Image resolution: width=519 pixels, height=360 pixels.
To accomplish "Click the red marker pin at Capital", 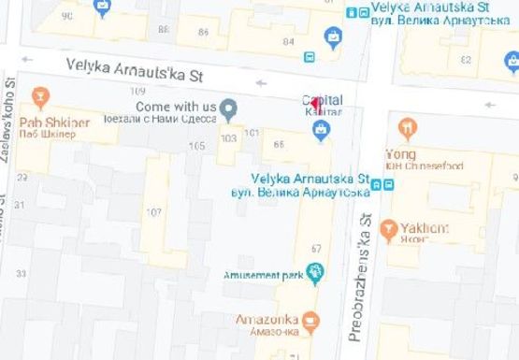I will [x=316, y=104].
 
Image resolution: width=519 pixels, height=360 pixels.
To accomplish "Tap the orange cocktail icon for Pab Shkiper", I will [x=40, y=97].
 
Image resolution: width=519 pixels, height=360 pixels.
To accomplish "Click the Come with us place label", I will [x=176, y=107].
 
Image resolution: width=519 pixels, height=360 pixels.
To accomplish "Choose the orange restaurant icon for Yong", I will [x=407, y=128].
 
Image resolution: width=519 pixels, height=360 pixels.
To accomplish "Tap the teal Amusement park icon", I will [x=316, y=274].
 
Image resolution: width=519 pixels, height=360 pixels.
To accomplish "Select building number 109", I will [x=138, y=91].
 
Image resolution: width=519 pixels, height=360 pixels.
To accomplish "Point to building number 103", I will [x=228, y=137].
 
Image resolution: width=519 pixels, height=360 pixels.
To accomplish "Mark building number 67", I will [x=316, y=248].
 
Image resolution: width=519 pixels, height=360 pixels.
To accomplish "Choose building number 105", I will [x=196, y=146].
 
